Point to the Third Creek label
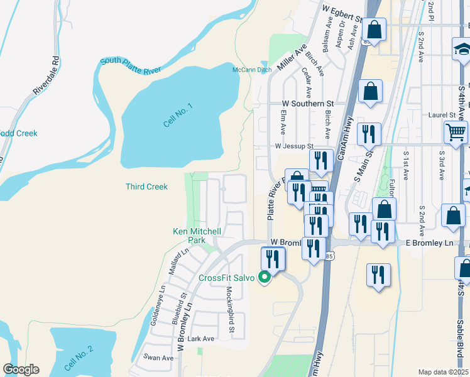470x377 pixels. point(146,187)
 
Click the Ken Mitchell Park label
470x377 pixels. point(197,236)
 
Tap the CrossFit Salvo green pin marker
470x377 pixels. point(265,277)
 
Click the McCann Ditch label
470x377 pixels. point(251,69)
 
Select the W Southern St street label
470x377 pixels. point(307,103)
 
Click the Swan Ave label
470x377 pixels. point(158,358)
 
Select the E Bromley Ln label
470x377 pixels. point(429,243)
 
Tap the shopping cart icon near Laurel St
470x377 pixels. point(456,132)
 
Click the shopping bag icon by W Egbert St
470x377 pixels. point(374,30)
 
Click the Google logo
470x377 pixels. point(21,369)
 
